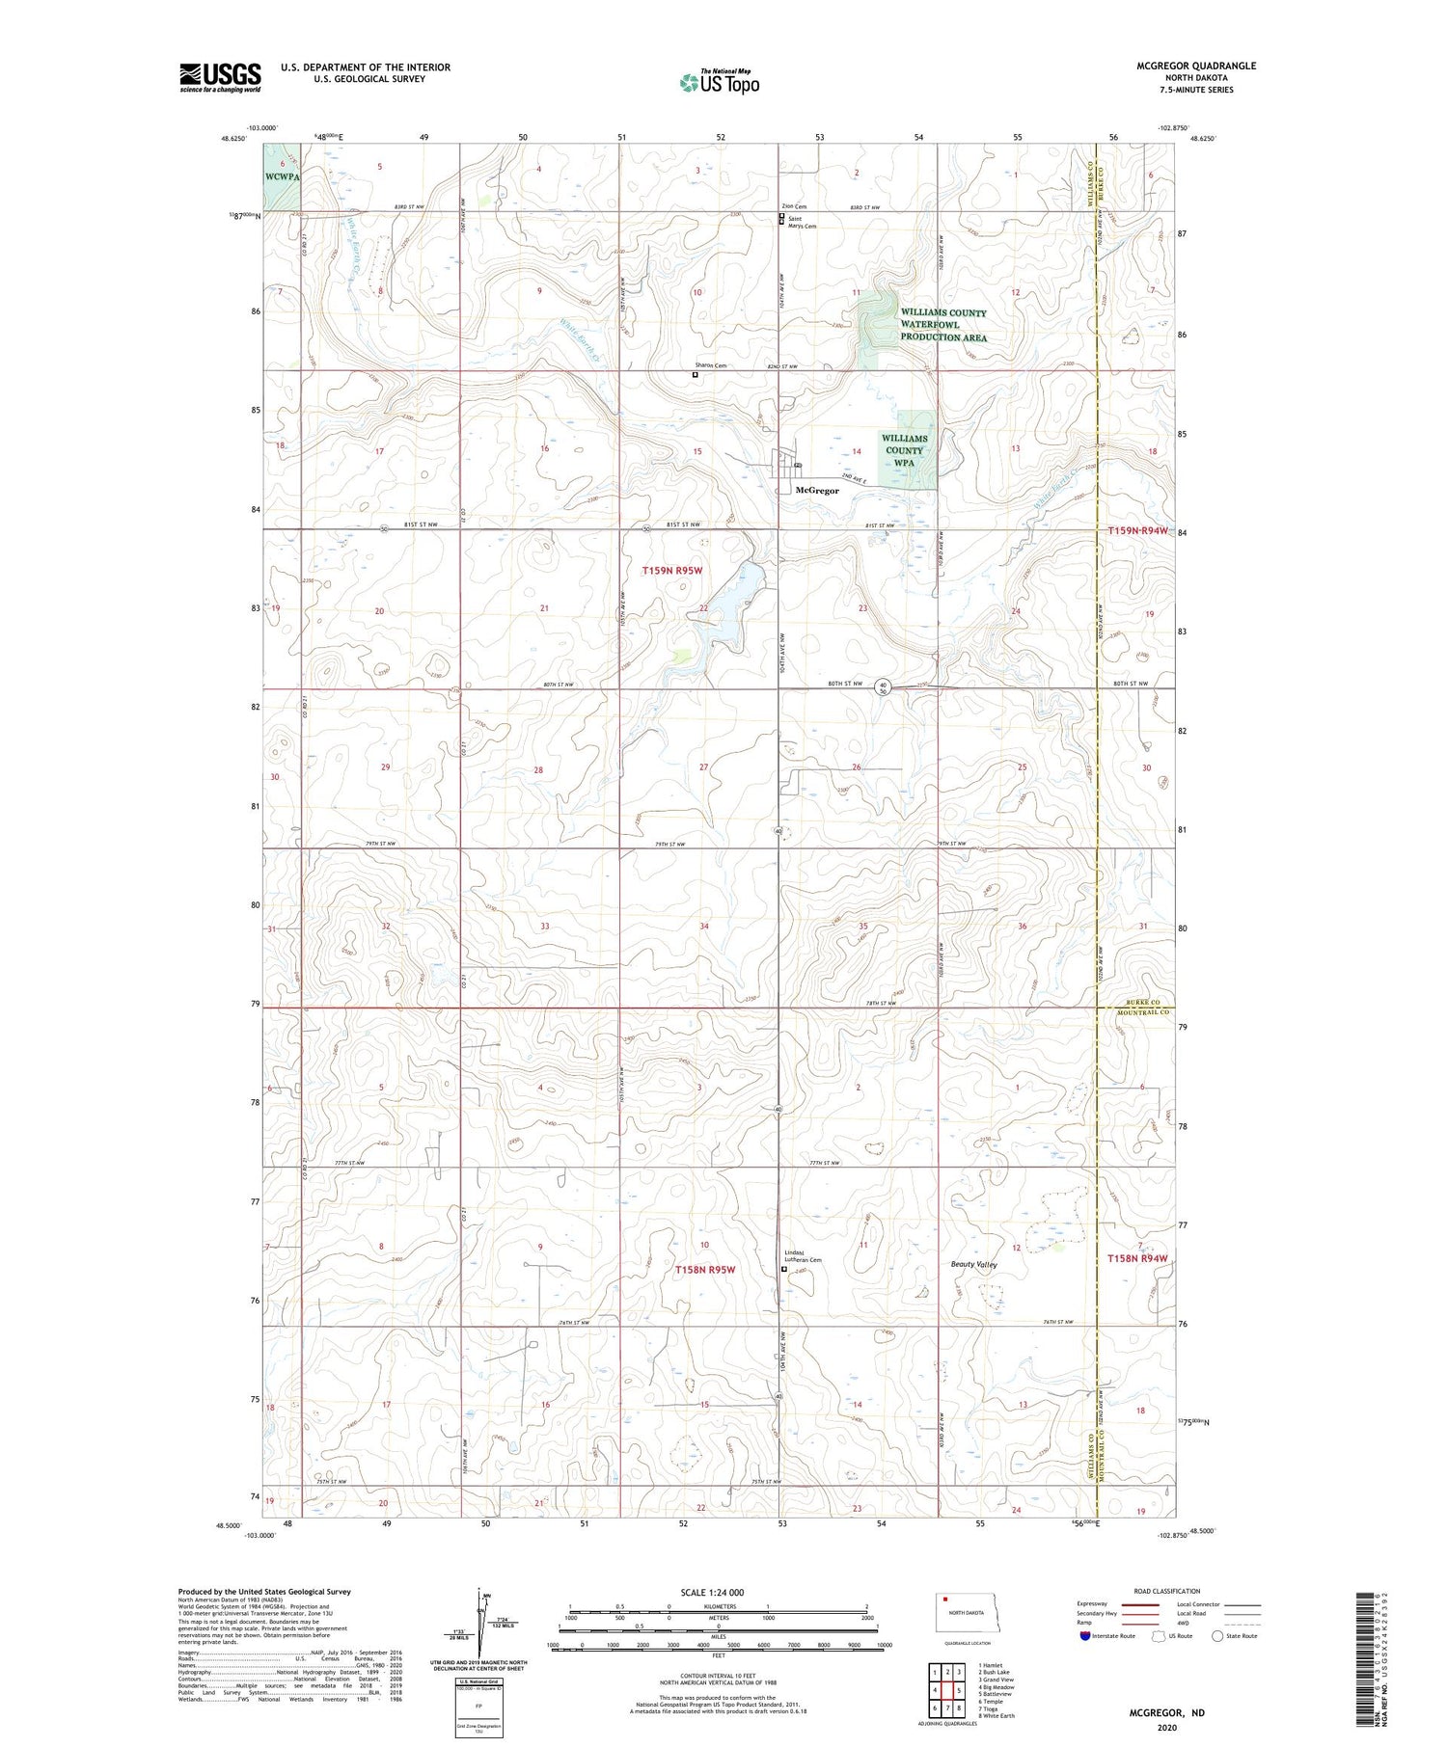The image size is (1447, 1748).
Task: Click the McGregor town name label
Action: pos(817,490)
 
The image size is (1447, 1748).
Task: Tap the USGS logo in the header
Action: pos(220,77)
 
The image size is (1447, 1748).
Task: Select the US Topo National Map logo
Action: pos(719,83)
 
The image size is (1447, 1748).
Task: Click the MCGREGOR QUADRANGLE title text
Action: pos(1196,66)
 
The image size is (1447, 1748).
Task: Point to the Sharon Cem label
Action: pos(710,365)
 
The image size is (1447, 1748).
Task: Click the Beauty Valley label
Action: pos(974,1264)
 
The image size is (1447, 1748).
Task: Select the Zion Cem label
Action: pos(794,206)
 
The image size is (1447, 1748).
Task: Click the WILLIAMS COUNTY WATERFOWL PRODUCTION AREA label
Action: pos(942,325)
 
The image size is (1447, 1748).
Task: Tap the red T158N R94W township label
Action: pos(1136,1258)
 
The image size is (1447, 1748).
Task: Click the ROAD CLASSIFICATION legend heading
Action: pos(1167,1591)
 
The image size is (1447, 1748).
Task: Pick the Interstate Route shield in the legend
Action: pos(1084,1636)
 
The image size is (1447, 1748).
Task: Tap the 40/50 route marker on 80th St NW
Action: pos(883,686)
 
